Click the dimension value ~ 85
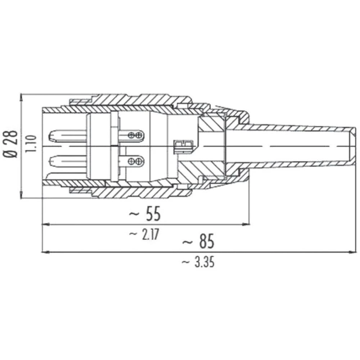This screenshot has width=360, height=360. [198, 242]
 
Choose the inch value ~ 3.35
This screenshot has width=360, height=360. [198, 262]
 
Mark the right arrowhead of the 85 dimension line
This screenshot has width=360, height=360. [353, 252]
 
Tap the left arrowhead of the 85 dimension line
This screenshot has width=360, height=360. [45, 252]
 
